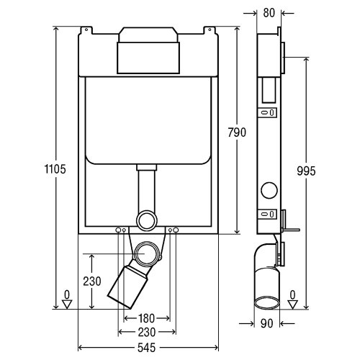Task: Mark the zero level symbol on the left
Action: pos(66,299)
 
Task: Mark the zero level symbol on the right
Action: pos(292,299)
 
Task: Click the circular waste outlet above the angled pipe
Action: pos(149,254)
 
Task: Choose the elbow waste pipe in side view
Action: pos(265,277)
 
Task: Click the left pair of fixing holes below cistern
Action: pos(121,230)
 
